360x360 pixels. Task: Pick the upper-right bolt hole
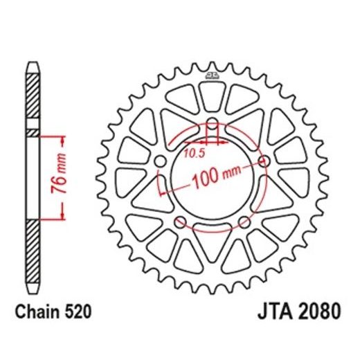[263, 162]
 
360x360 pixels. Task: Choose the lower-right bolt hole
[244, 222]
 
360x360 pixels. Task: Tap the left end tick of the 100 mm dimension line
[161, 186]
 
